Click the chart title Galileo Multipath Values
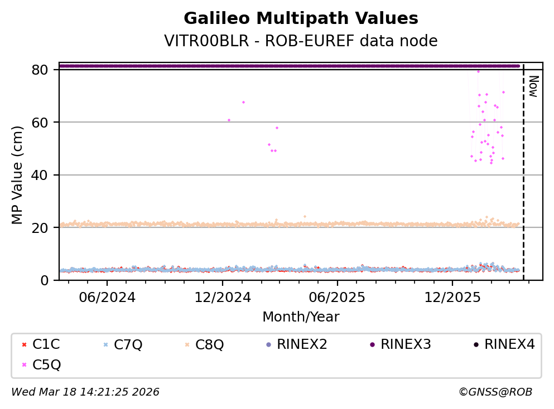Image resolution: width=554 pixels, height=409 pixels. pos(301,18)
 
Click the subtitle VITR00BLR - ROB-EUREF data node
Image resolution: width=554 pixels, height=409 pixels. pos(301,41)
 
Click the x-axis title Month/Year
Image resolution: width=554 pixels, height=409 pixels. pos(301,317)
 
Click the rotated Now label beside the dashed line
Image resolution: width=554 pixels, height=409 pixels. pos(533,86)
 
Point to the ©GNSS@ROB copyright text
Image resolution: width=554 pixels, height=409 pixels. pos(495,392)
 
